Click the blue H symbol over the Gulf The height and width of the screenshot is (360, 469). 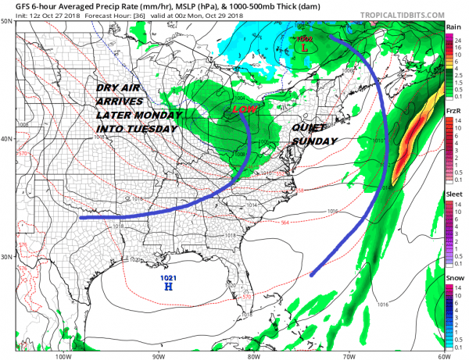click(x=167, y=287)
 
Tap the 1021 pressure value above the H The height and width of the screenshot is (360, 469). click(x=167, y=277)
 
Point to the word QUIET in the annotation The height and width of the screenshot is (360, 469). click(x=307, y=128)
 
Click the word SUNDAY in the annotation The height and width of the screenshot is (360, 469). click(x=311, y=141)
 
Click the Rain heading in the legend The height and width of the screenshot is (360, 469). click(x=453, y=27)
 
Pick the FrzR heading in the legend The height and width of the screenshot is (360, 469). click(x=453, y=112)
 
